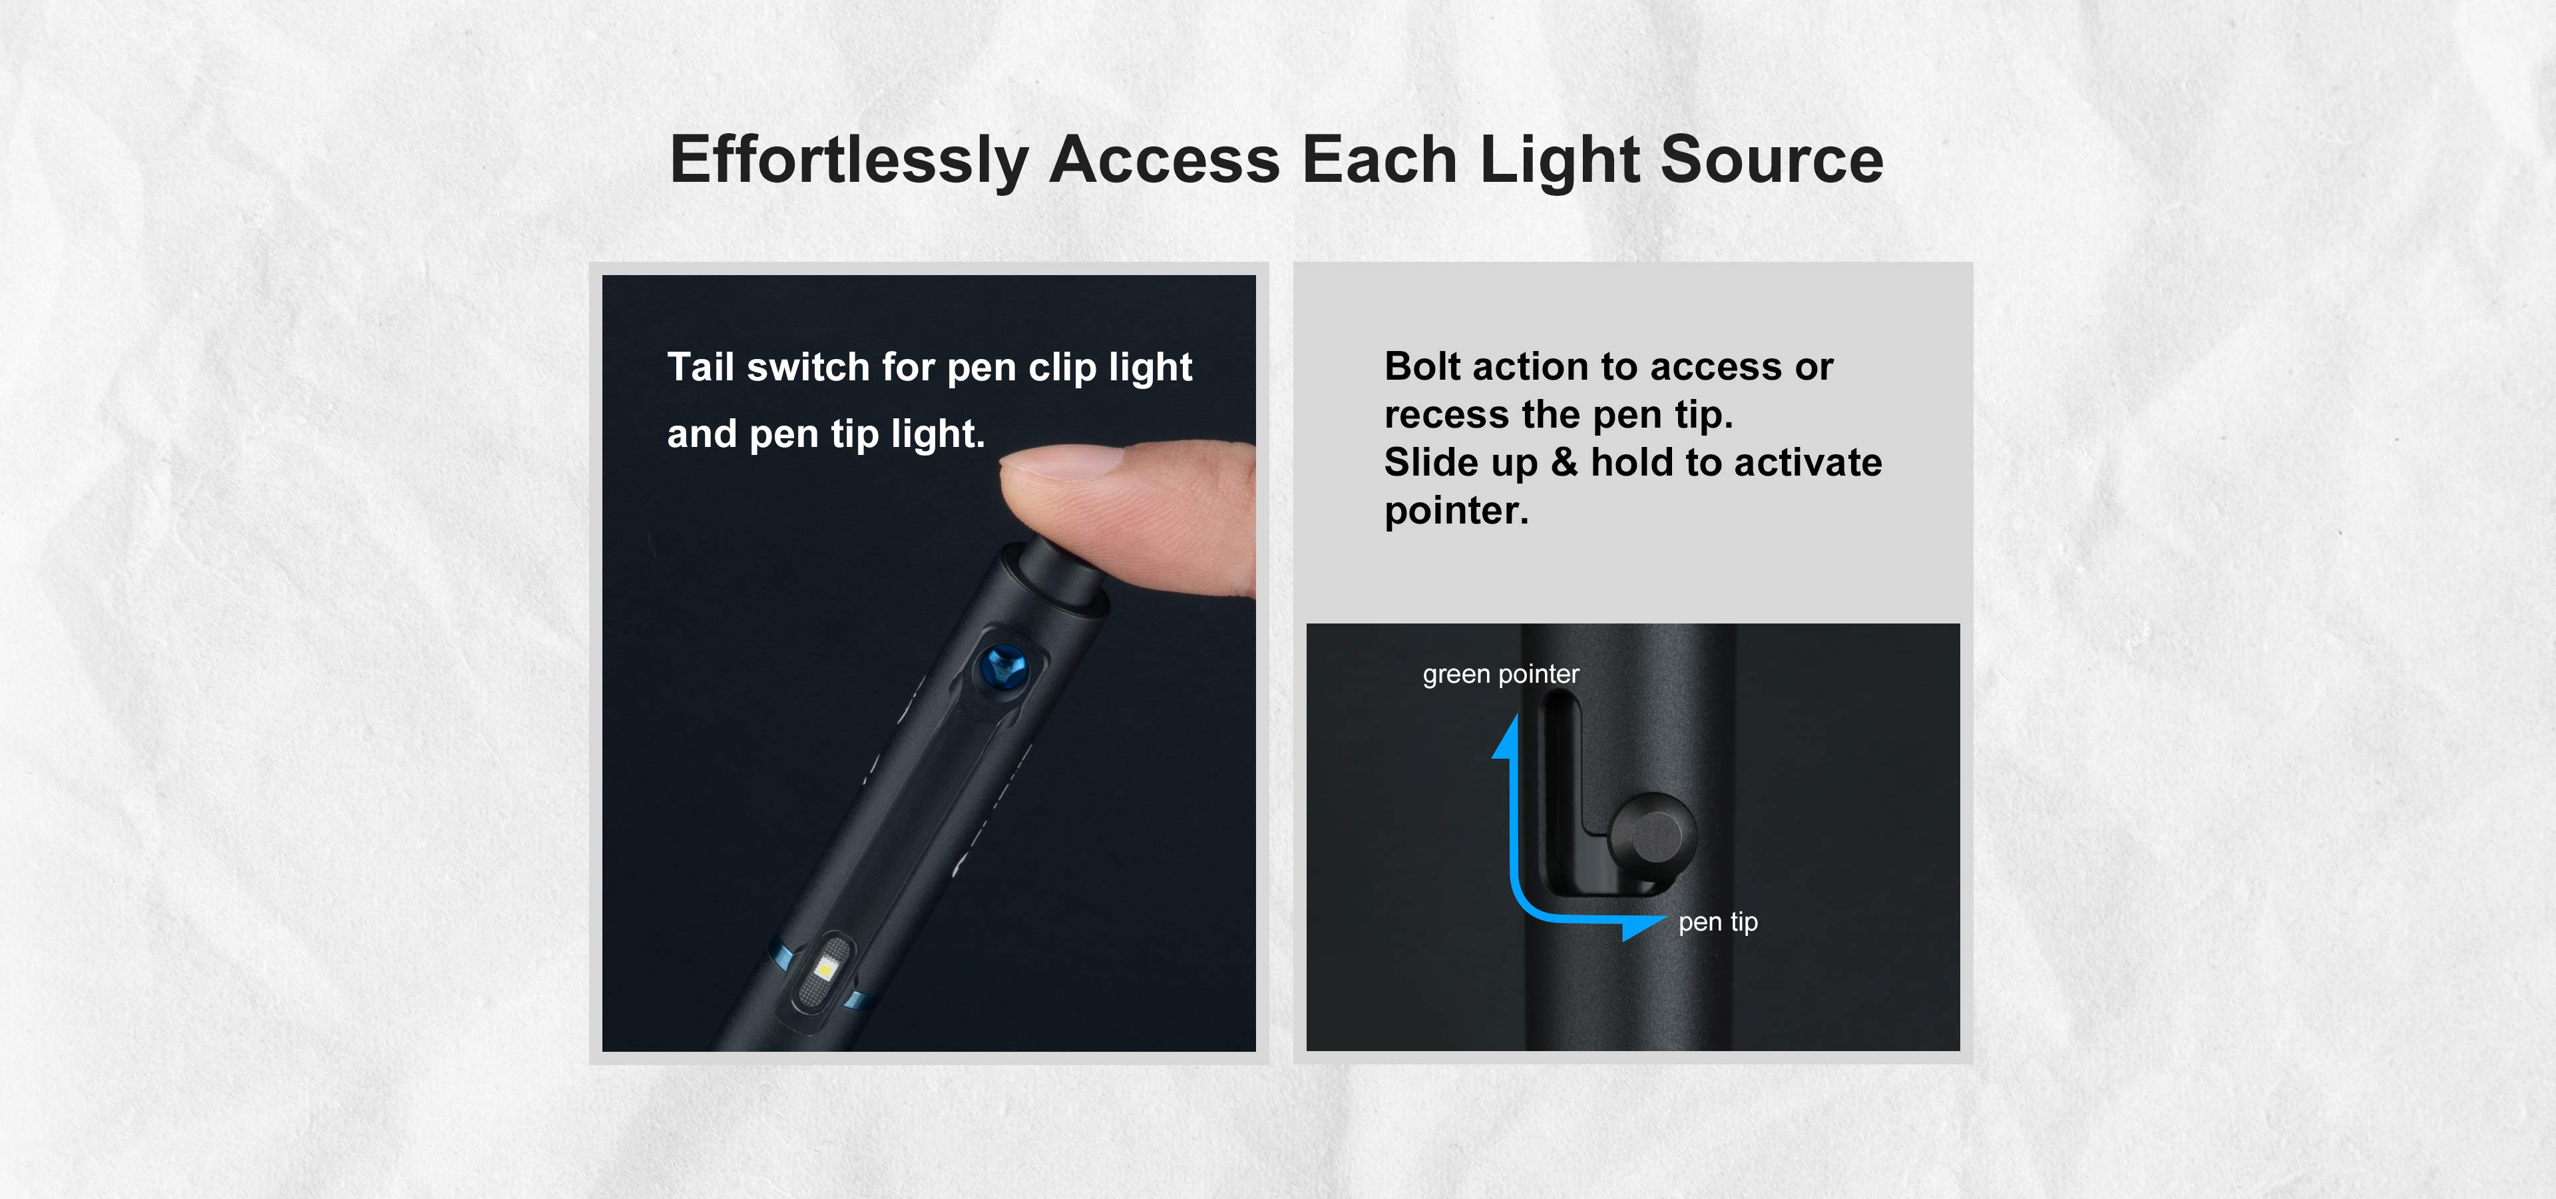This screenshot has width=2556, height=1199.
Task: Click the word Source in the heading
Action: (1771, 161)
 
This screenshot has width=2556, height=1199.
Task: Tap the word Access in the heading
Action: (1164, 161)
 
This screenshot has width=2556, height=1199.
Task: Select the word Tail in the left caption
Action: (700, 367)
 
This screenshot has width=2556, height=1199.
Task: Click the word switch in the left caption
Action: (807, 367)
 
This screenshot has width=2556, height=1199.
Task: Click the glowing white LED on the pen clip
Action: (823, 967)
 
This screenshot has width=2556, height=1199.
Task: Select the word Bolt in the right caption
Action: (1423, 366)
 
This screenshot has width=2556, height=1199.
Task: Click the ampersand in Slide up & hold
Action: (1564, 462)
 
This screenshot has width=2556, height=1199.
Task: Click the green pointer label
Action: (1500, 675)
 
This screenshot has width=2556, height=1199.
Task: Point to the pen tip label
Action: (1717, 922)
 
